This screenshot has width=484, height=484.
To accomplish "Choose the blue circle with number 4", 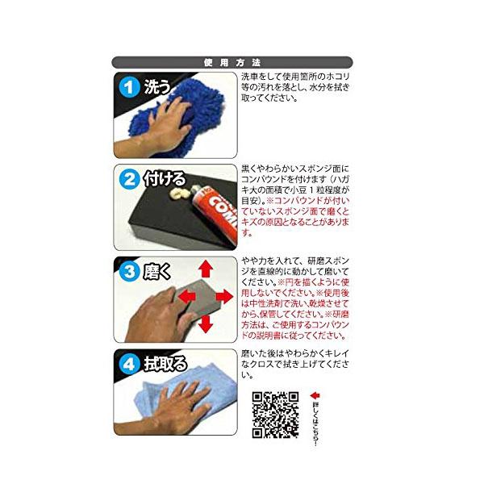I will [x=129, y=364].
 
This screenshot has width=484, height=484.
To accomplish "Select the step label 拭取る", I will [x=165, y=364].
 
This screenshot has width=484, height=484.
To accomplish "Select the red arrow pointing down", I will [x=205, y=324].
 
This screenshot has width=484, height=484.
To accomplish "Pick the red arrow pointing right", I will [x=225, y=297].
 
